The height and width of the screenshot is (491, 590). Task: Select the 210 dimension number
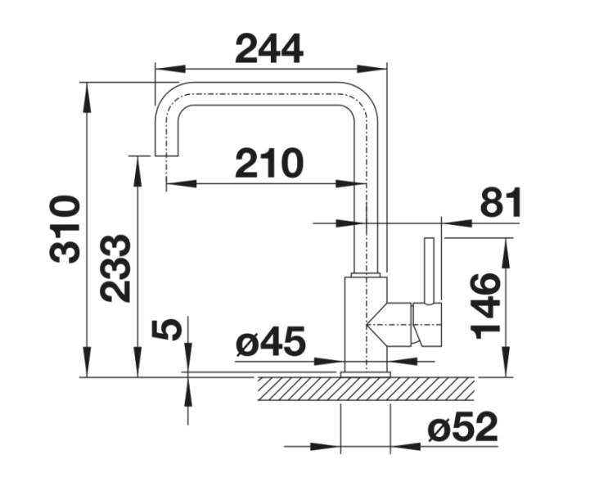pos(269,164)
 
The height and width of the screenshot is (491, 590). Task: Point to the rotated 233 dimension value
pos(116,268)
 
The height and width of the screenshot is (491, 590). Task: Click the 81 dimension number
pos(500,203)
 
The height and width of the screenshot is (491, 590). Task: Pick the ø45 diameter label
pos(270,342)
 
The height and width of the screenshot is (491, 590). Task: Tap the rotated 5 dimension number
pos(166,329)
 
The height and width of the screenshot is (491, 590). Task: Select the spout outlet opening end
pos(167,155)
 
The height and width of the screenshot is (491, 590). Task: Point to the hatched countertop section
pos(365,389)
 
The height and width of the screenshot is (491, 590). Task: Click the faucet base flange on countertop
pos(365,374)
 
